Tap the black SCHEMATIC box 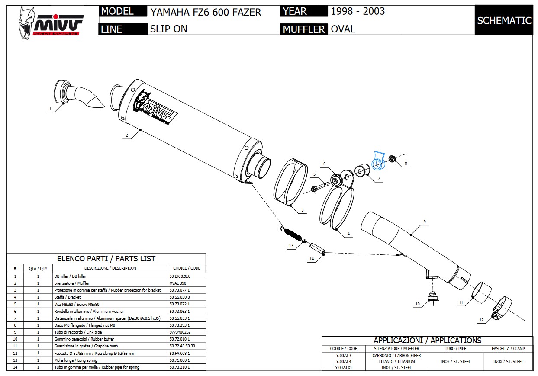(x=504, y=20)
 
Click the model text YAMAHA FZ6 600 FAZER (x=206, y=12)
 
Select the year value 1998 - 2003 (x=358, y=11)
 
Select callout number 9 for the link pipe (x=425, y=222)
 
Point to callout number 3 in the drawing (x=302, y=210)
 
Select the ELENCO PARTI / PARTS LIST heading (x=106, y=259)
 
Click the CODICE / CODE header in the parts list (x=187, y=268)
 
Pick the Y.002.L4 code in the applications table (x=343, y=361)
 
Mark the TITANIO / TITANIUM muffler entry (x=396, y=361)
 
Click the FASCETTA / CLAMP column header (x=508, y=348)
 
